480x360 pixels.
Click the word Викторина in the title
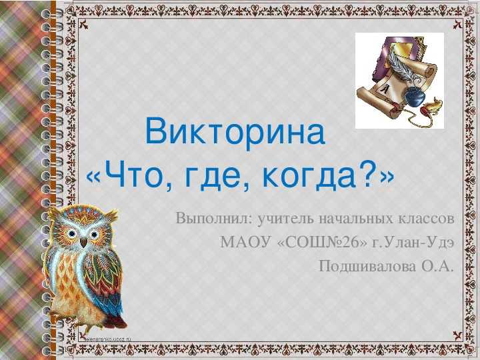235,131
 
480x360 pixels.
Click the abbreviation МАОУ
245,243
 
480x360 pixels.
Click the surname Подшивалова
367,266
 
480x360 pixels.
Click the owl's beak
83,243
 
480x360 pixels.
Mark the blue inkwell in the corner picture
415,97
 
